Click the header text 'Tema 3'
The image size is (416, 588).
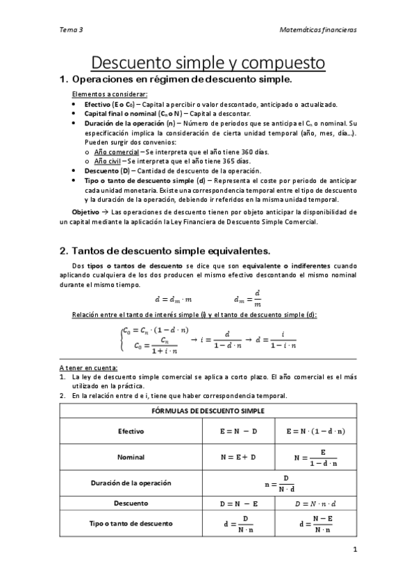71,30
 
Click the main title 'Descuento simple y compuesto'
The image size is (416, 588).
208,63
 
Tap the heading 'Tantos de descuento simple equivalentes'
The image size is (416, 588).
165,250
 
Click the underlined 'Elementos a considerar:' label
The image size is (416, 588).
110,94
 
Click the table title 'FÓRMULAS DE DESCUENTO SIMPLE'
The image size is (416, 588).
208,410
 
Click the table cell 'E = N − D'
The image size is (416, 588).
238,431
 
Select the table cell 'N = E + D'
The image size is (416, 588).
238,457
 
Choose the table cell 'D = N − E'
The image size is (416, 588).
238,503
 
